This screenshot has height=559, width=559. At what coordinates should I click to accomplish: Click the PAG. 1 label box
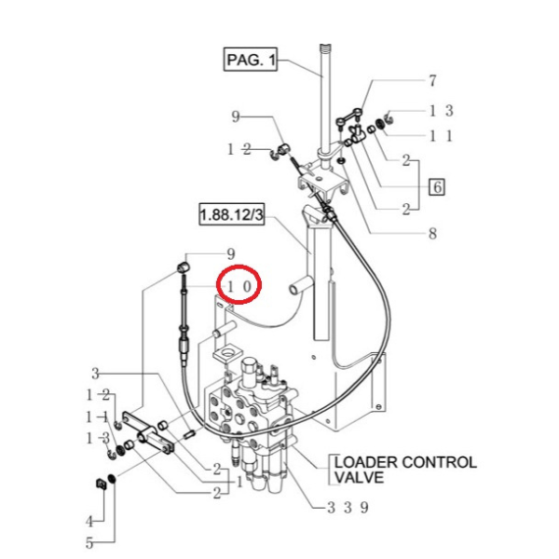(x=252, y=61)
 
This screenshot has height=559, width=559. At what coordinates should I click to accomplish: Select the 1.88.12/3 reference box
(x=231, y=214)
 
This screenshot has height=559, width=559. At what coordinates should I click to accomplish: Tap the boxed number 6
(x=435, y=187)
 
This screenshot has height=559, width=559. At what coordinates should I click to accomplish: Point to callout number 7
(x=431, y=81)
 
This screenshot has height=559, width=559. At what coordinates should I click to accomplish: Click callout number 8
(x=431, y=235)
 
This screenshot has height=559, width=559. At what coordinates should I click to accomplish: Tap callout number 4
(x=90, y=521)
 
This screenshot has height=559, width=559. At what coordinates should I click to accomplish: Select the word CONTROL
(x=439, y=462)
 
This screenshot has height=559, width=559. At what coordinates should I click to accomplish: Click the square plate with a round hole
(x=227, y=355)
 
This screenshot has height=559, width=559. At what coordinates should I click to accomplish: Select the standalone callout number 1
(x=239, y=482)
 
